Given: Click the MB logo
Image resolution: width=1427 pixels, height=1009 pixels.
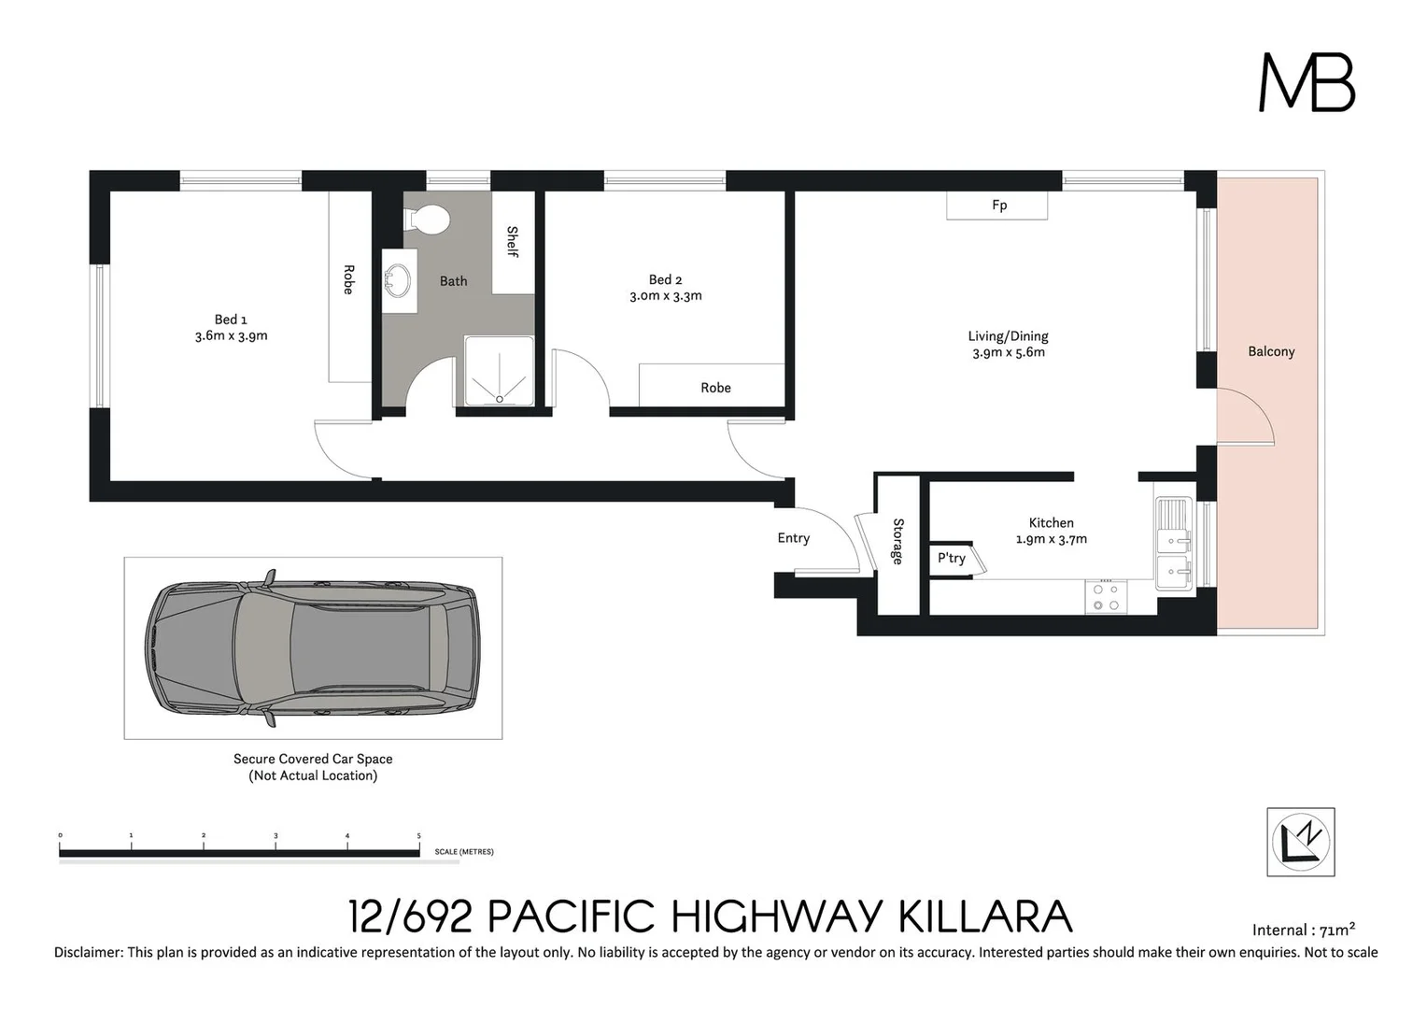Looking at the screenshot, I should pyautogui.click(x=1306, y=82).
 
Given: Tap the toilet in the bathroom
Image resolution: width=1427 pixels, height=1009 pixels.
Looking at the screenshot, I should pyautogui.click(x=429, y=220).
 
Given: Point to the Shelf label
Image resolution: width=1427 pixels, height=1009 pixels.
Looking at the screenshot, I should pyautogui.click(x=513, y=241).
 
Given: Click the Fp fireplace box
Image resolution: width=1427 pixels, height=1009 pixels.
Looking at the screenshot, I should pyautogui.click(x=997, y=206).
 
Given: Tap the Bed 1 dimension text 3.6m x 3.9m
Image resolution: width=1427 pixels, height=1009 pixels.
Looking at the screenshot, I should pyautogui.click(x=231, y=336).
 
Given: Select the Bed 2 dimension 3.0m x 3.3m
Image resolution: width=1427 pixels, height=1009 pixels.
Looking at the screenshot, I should pyautogui.click(x=665, y=296).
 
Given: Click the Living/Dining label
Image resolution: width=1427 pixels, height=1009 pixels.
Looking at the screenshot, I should pyautogui.click(x=1008, y=336).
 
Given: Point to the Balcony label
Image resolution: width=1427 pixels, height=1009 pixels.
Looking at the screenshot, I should pyautogui.click(x=1271, y=352).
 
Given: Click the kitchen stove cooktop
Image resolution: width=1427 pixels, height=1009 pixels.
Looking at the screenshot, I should pyautogui.click(x=1106, y=598).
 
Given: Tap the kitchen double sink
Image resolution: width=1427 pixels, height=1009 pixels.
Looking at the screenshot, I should pyautogui.click(x=1174, y=543).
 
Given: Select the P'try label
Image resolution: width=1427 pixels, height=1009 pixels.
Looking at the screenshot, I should pyautogui.click(x=951, y=559).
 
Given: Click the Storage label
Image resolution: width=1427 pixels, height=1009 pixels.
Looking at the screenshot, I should pyautogui.click(x=898, y=541).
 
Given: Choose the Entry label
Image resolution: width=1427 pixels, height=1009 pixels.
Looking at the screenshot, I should pyautogui.click(x=793, y=538).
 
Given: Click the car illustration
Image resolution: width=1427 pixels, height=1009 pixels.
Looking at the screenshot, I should pyautogui.click(x=312, y=647).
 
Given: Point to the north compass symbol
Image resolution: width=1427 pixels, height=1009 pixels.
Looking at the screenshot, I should pyautogui.click(x=1300, y=842).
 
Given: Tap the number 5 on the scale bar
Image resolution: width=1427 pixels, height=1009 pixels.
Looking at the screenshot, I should pyautogui.click(x=418, y=836).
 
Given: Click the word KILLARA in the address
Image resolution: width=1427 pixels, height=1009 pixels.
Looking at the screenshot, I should pyautogui.click(x=984, y=917).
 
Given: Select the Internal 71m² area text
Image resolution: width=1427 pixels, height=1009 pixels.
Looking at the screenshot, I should pyautogui.click(x=1303, y=930).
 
